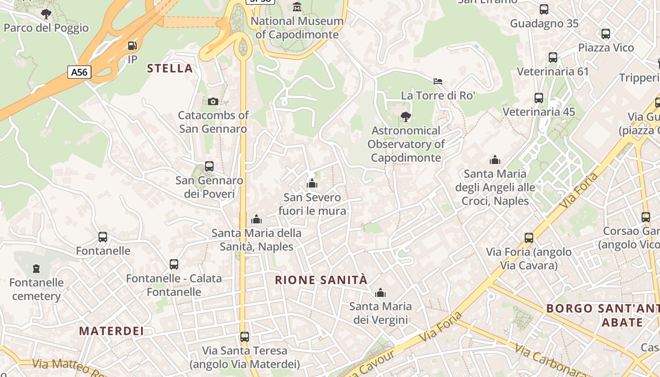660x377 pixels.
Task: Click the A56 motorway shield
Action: [x=79, y=72]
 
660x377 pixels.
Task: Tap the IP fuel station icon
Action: [x=132, y=46]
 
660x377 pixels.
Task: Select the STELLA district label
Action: [x=170, y=68]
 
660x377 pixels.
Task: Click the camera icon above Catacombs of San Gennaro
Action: [x=213, y=101]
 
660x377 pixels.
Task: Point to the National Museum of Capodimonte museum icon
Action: [x=297, y=7]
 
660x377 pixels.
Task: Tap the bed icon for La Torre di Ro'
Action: [x=438, y=82]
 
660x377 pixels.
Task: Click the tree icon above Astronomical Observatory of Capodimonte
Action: [x=405, y=116]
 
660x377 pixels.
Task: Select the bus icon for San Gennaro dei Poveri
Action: [x=209, y=166]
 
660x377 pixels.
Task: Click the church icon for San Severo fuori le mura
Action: [x=312, y=183]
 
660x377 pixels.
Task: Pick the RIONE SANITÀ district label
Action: [x=321, y=280]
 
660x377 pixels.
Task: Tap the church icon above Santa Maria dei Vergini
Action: [x=380, y=293]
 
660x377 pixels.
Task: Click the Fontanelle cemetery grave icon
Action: [x=36, y=269]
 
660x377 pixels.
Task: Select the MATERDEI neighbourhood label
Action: [x=111, y=331]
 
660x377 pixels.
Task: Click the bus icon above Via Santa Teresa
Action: [x=244, y=337]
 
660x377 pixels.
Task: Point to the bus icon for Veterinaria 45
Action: [x=539, y=98]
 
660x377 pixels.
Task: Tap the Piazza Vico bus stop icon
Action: [x=606, y=34]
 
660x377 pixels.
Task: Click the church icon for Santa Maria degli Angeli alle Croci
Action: [x=495, y=160]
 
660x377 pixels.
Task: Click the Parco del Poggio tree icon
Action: [x=46, y=14]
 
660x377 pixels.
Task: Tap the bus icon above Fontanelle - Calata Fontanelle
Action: [x=174, y=264]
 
